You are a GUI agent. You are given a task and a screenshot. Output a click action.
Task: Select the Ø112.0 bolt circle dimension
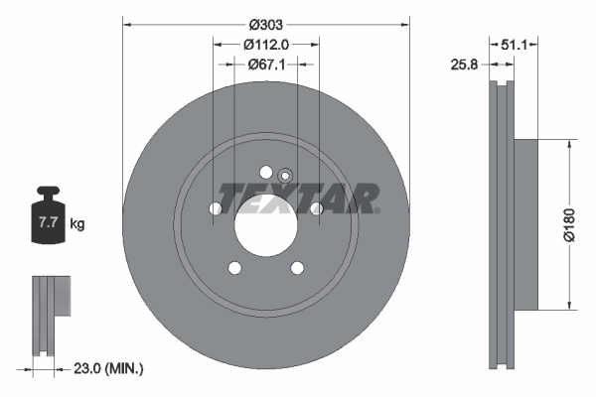tap(265, 44)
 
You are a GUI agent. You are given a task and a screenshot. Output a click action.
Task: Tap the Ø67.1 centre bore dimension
tap(265, 65)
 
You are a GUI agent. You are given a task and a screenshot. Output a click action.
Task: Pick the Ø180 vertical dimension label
tap(583, 223)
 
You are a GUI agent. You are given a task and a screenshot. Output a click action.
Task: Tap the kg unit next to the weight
tap(77, 224)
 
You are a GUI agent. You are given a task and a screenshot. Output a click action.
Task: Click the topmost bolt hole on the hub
tap(265, 172)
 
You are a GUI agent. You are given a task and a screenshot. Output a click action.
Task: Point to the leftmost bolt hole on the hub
tap(216, 208)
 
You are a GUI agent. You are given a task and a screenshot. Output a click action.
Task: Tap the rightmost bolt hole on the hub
tap(316, 208)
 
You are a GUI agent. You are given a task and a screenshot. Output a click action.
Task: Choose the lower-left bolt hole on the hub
tap(234, 267)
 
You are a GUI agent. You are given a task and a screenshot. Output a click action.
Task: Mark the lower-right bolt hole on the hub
tap(296, 267)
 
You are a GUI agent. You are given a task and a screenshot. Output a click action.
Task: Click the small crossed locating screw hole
tap(284, 177)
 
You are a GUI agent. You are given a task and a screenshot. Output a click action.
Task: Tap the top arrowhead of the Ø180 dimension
tap(568, 143)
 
